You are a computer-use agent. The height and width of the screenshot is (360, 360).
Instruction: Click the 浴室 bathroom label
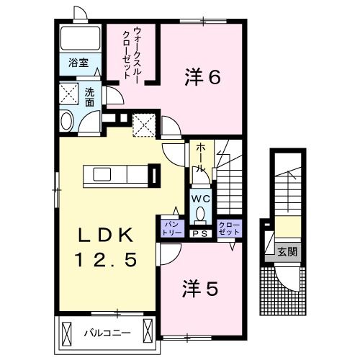coord(78,63)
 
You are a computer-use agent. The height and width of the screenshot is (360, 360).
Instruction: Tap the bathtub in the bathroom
coord(80,38)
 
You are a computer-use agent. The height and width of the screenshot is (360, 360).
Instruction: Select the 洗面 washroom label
coord(89,97)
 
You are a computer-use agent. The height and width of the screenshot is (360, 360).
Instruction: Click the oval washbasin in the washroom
coord(66,121)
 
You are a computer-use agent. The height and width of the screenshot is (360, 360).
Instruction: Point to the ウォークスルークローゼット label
coord(131,53)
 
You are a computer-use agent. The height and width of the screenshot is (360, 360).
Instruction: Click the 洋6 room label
coord(202,77)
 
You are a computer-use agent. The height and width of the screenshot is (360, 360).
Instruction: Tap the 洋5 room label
coord(200,288)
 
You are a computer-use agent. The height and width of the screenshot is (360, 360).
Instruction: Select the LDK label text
coord(106,235)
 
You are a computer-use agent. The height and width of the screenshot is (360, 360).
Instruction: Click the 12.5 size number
coord(106,260)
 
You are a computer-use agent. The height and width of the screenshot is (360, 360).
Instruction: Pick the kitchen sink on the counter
coord(102,174)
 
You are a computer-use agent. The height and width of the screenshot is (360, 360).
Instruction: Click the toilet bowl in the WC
coord(200,214)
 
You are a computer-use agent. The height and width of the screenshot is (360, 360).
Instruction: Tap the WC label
coord(201,199)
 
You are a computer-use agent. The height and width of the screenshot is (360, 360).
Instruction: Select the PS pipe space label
coord(201,234)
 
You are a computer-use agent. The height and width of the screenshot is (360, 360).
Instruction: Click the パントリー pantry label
coord(172,229)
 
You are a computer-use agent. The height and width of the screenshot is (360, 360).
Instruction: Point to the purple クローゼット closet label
coord(229,229)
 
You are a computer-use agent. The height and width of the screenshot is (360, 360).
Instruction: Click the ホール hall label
coord(200,158)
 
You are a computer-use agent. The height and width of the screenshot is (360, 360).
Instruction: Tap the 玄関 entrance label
coord(287,252)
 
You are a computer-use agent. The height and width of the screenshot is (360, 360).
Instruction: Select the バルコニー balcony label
coord(107,333)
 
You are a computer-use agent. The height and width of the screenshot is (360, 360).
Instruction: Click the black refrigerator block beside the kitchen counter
coord(154,176)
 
